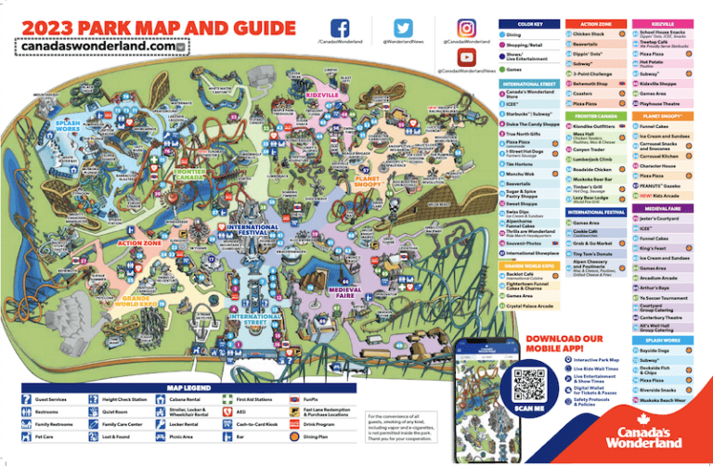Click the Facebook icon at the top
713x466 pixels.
click(341, 28)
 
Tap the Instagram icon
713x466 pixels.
click(466, 28)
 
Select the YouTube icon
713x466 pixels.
click(466, 58)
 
